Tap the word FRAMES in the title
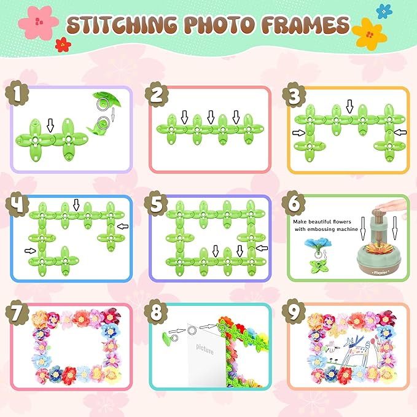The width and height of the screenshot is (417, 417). [305, 25]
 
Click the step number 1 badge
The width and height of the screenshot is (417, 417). [17, 93]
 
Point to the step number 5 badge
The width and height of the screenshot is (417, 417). [156, 204]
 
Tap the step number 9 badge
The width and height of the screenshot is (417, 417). [294, 312]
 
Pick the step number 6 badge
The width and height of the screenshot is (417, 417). [294, 203]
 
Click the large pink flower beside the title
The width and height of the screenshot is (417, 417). [38, 22]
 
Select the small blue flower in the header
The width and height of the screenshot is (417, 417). [384, 12]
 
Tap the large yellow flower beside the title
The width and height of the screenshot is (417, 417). [369, 34]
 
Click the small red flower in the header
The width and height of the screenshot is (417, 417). [63, 45]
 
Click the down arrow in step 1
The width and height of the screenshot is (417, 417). [50, 125]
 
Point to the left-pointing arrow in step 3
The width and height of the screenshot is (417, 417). [400, 132]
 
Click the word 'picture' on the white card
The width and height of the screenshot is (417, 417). [205, 349]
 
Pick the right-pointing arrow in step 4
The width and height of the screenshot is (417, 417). [30, 251]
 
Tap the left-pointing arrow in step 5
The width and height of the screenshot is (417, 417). [262, 248]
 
